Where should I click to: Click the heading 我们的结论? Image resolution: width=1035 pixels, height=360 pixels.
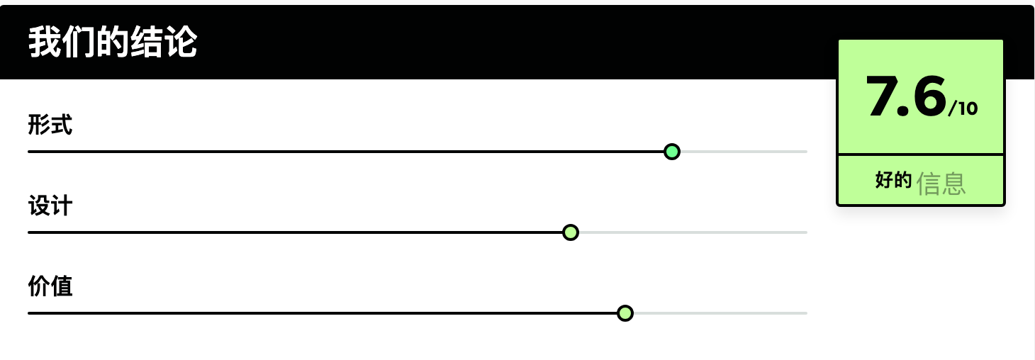[x=113, y=42]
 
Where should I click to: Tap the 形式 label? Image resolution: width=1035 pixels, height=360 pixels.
[x=50, y=125]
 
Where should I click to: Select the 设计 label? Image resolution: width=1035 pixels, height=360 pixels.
[x=50, y=206]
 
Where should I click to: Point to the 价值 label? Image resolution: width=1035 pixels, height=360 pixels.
[x=50, y=286]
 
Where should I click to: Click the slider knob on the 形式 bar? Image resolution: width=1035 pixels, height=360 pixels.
[x=672, y=152]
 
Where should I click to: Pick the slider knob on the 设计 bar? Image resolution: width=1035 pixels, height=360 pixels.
[x=571, y=232]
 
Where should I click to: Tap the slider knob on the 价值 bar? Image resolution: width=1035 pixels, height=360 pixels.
[x=625, y=313]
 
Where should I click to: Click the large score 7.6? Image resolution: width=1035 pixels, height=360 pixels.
[x=906, y=96]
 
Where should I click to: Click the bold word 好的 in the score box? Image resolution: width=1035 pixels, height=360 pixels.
[x=893, y=180]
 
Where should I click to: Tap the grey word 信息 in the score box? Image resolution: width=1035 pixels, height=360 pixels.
[x=941, y=184]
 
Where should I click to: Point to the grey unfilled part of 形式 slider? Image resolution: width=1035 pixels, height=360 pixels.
[x=744, y=152]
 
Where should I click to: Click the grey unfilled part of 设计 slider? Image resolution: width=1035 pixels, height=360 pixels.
[x=693, y=232]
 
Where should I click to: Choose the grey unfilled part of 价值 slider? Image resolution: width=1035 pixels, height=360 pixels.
[x=721, y=313]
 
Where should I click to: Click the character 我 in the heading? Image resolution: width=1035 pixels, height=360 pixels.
[x=45, y=42]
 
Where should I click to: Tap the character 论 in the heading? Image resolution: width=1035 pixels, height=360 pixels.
[x=181, y=42]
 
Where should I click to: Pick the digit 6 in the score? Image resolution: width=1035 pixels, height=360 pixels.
[x=929, y=96]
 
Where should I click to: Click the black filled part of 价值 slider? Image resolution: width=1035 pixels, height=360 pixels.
[x=322, y=313]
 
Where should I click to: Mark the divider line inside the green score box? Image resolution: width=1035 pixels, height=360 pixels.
[x=921, y=154]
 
